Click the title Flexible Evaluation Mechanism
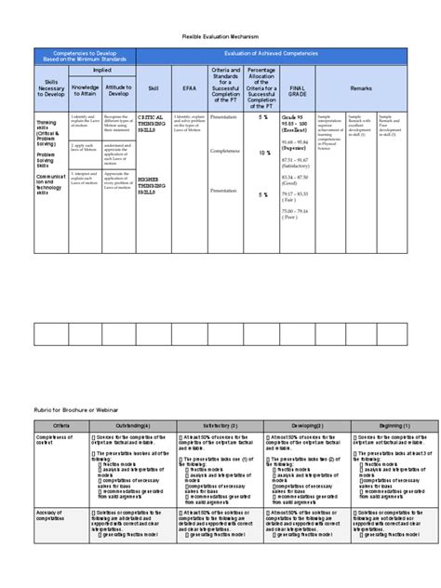pyautogui.click(x=220, y=36)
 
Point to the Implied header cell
pyautogui.click(x=102, y=69)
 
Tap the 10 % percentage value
pyautogui.click(x=264, y=152)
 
